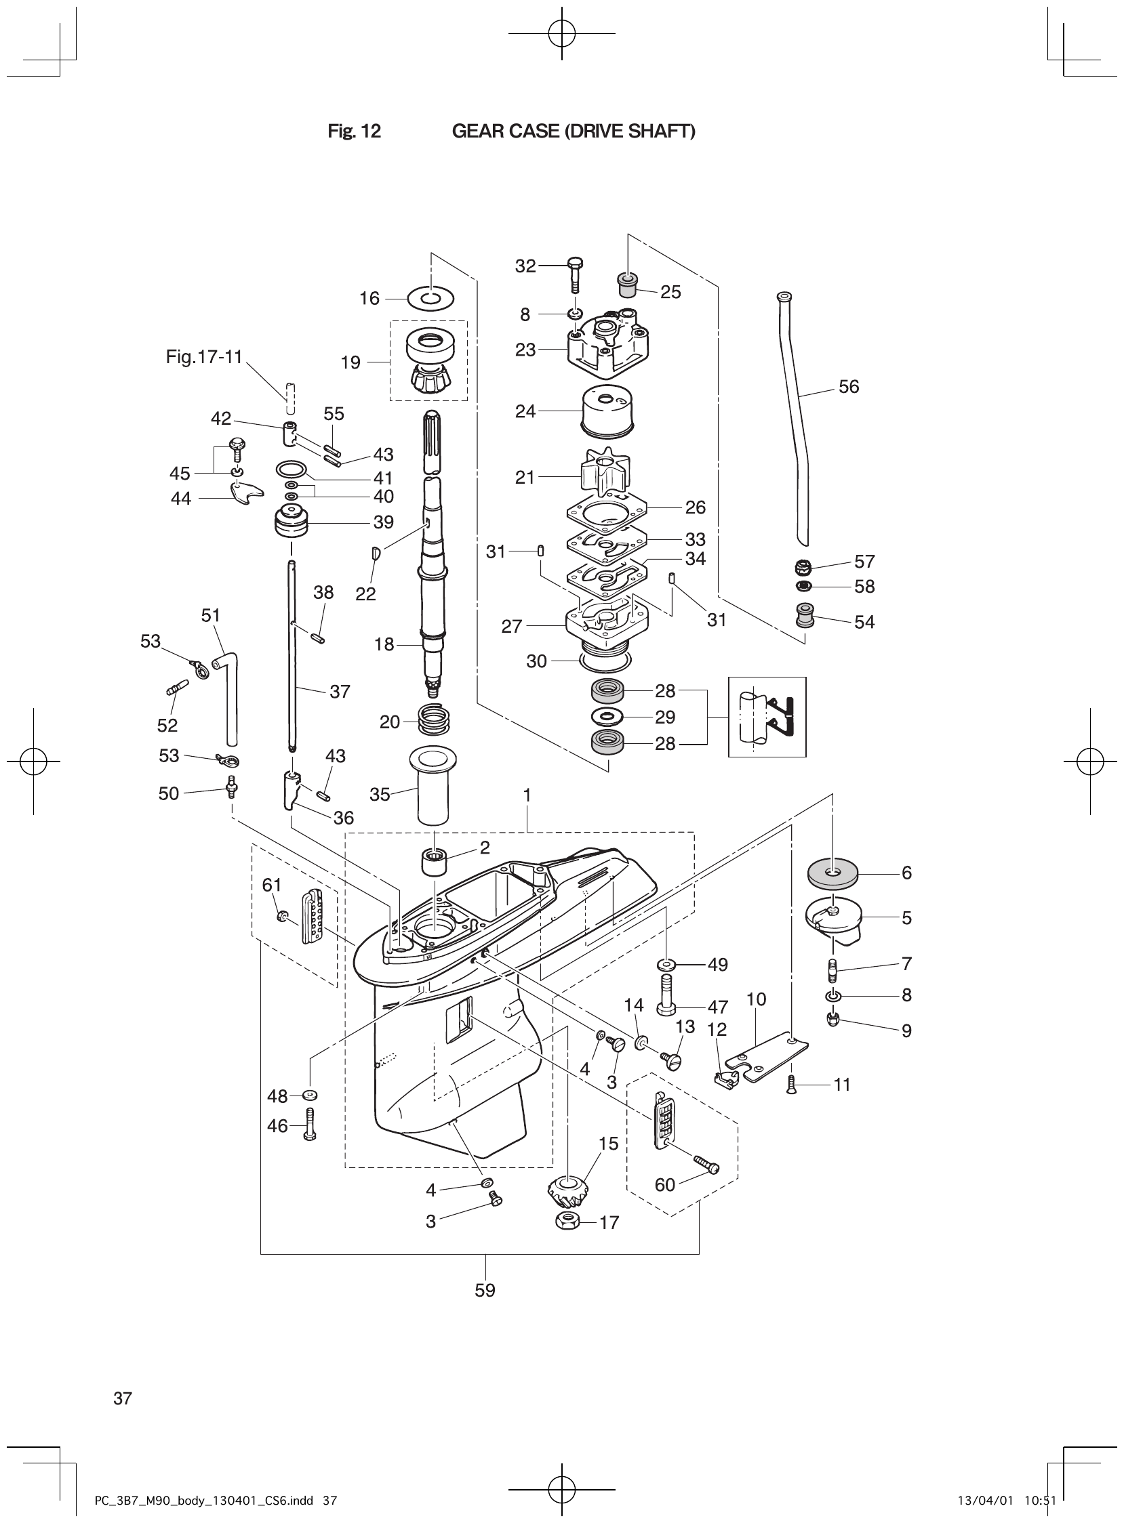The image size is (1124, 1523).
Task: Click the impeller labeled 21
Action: [603, 472]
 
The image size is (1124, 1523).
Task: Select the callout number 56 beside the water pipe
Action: [849, 386]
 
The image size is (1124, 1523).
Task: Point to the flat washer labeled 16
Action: [430, 298]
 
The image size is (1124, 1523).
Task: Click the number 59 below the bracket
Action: [485, 1290]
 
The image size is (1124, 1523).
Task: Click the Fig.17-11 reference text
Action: [204, 357]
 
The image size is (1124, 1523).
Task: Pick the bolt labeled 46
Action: [310, 1126]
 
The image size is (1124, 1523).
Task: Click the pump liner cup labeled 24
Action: [607, 411]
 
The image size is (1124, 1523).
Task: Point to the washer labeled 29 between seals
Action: [605, 717]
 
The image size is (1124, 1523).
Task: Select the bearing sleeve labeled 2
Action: [436, 864]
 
